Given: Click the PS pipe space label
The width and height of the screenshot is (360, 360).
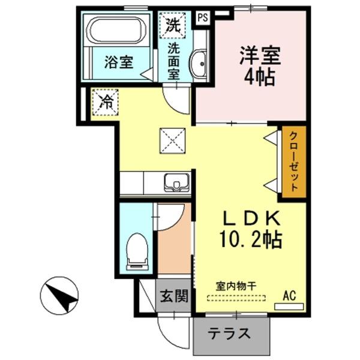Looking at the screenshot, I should pos(203,17).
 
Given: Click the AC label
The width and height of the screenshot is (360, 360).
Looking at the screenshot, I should pos(290,295).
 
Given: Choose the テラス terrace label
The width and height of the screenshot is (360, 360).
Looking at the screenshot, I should pos(229,333).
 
